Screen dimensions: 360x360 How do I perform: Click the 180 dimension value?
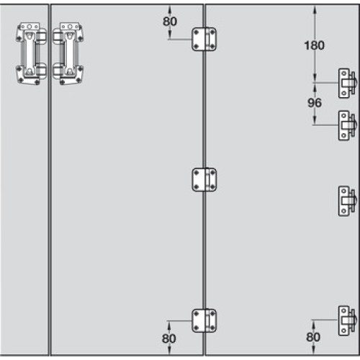click(x=314, y=45)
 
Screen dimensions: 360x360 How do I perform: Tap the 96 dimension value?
click(x=315, y=103)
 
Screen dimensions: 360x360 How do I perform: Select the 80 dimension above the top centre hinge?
click(x=170, y=22)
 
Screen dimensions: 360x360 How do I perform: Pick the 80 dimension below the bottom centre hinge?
click(x=169, y=338)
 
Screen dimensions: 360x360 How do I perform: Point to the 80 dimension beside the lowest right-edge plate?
click(x=313, y=337)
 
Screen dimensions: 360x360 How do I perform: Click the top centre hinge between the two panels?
click(x=204, y=39)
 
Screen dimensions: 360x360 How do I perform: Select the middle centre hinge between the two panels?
click(x=204, y=180)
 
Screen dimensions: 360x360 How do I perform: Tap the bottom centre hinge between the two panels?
click(x=204, y=320)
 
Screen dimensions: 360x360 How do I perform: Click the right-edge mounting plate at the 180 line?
click(x=348, y=83)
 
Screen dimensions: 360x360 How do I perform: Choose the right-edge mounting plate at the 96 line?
click(x=348, y=125)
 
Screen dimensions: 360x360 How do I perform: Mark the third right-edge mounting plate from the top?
click(x=348, y=201)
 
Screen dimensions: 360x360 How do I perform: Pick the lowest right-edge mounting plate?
click(x=348, y=320)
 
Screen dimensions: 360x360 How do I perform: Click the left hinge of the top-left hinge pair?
click(x=31, y=54)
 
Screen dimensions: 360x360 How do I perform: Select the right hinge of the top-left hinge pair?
click(x=68, y=54)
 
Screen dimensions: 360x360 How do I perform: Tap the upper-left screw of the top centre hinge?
click(x=197, y=32)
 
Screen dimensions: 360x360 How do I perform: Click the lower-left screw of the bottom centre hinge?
click(x=197, y=328)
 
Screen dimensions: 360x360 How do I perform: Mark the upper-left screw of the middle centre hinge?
click(x=197, y=173)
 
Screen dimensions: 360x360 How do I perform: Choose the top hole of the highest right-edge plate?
click(x=344, y=73)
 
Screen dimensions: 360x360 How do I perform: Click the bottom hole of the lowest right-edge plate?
click(x=344, y=331)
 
